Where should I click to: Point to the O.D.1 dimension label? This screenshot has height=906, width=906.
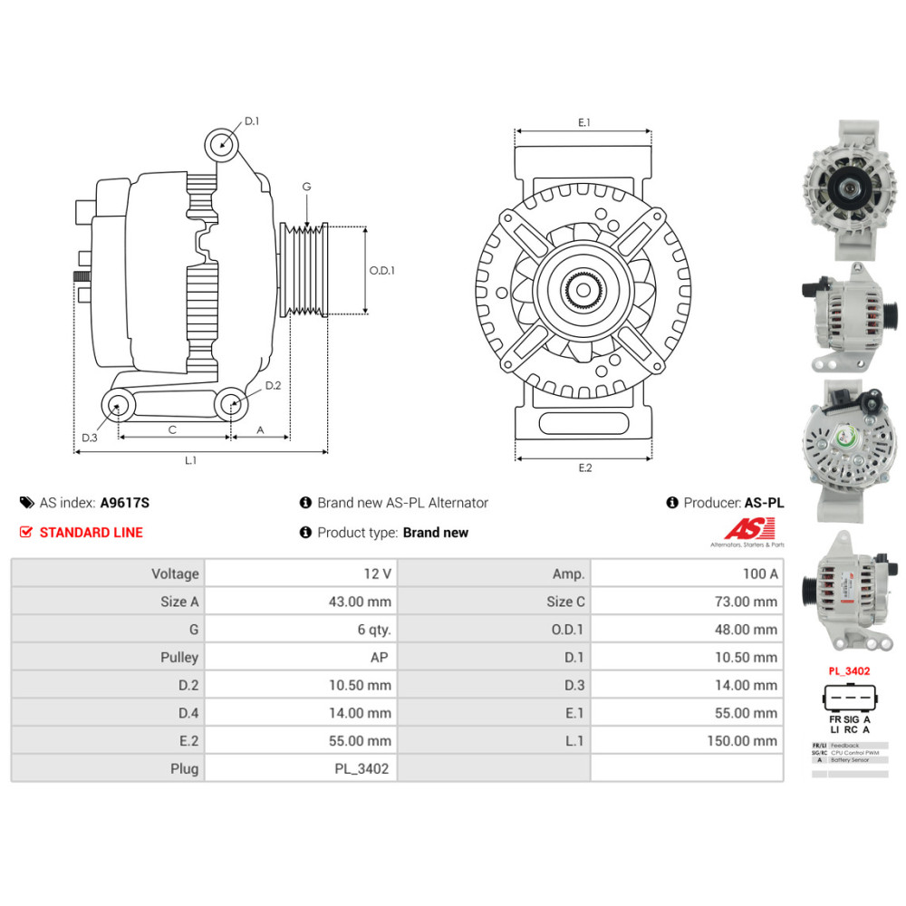382,270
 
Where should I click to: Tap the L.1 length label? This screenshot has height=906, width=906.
191,460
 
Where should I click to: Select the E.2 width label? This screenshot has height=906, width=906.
584,467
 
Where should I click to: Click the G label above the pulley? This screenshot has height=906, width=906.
306,187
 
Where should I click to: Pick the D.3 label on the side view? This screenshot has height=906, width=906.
89,438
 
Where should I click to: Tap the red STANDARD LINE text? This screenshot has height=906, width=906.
91,533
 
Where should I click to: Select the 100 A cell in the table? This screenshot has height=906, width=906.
759,573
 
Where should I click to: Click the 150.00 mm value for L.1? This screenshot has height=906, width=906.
741,740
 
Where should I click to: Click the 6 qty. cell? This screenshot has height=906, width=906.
374,629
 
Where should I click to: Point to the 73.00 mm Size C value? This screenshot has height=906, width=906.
745,602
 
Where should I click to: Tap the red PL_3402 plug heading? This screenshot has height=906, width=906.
849,671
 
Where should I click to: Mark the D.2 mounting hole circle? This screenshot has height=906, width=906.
230,404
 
